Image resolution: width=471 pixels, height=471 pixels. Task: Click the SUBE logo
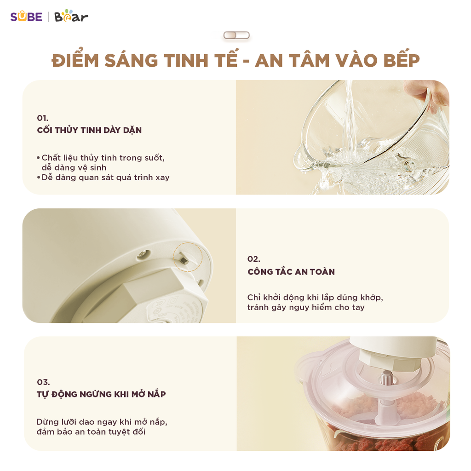(x=26, y=17)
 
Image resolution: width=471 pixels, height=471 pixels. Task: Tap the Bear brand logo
(x=71, y=17)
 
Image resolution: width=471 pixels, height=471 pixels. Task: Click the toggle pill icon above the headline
(x=236, y=35)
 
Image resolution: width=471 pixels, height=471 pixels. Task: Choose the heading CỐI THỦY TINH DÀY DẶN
(x=89, y=130)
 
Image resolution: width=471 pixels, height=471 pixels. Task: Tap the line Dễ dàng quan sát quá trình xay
(x=105, y=178)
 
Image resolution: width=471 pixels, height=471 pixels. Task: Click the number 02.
(x=253, y=258)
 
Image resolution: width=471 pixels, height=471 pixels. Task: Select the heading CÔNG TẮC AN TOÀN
(x=291, y=272)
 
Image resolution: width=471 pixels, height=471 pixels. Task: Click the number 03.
(x=43, y=382)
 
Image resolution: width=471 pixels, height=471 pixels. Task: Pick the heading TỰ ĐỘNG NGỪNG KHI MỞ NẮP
(x=101, y=394)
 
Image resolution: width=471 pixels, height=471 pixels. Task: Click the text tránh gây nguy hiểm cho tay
(x=305, y=307)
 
